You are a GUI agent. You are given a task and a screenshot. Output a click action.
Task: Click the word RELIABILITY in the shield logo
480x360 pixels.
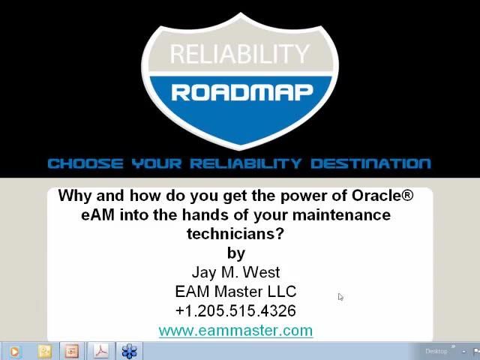click(239, 54)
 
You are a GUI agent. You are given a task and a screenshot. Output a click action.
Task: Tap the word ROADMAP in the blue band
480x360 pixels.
click(241, 91)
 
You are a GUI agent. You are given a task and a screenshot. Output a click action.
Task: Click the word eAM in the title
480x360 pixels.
click(97, 215)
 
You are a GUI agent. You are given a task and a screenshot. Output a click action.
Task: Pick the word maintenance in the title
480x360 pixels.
click(341, 215)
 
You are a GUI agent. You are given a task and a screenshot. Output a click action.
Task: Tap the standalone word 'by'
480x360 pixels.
click(235, 253)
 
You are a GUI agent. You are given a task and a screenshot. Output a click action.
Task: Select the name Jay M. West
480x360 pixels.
click(235, 272)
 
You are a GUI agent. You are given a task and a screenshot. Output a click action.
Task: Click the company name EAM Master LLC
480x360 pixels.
click(235, 292)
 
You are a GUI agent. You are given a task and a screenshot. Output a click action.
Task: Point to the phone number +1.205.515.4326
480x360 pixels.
click(235, 310)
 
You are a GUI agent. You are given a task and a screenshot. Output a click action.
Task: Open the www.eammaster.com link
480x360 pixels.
click(235, 331)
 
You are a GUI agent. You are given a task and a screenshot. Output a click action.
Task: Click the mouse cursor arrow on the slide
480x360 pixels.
click(340, 297)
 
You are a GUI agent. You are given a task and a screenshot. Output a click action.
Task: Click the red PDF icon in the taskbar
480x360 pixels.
click(101, 351)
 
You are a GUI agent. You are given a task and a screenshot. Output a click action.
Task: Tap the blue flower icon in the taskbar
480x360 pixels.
click(130, 351)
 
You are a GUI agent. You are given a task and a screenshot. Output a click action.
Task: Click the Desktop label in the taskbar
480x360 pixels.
click(436, 351)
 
